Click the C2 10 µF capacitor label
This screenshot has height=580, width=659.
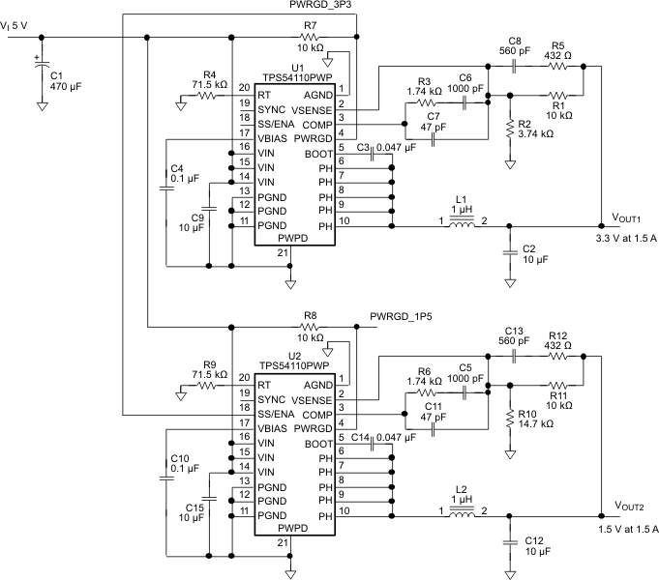pos(535,253)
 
